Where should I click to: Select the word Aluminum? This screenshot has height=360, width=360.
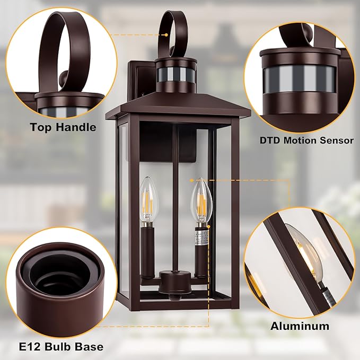pos(300,326)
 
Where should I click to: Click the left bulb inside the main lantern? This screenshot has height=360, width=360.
pos(150,201)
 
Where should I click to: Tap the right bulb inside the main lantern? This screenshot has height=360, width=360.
pos(201,201)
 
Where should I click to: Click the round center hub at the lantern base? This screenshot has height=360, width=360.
pos(175,283)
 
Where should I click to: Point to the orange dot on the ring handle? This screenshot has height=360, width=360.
pos(166,35)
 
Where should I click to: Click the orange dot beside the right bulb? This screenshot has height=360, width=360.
pos(192,180)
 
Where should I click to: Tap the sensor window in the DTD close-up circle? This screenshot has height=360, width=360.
pos(300,80)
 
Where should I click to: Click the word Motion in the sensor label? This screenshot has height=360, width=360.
pos(300,141)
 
